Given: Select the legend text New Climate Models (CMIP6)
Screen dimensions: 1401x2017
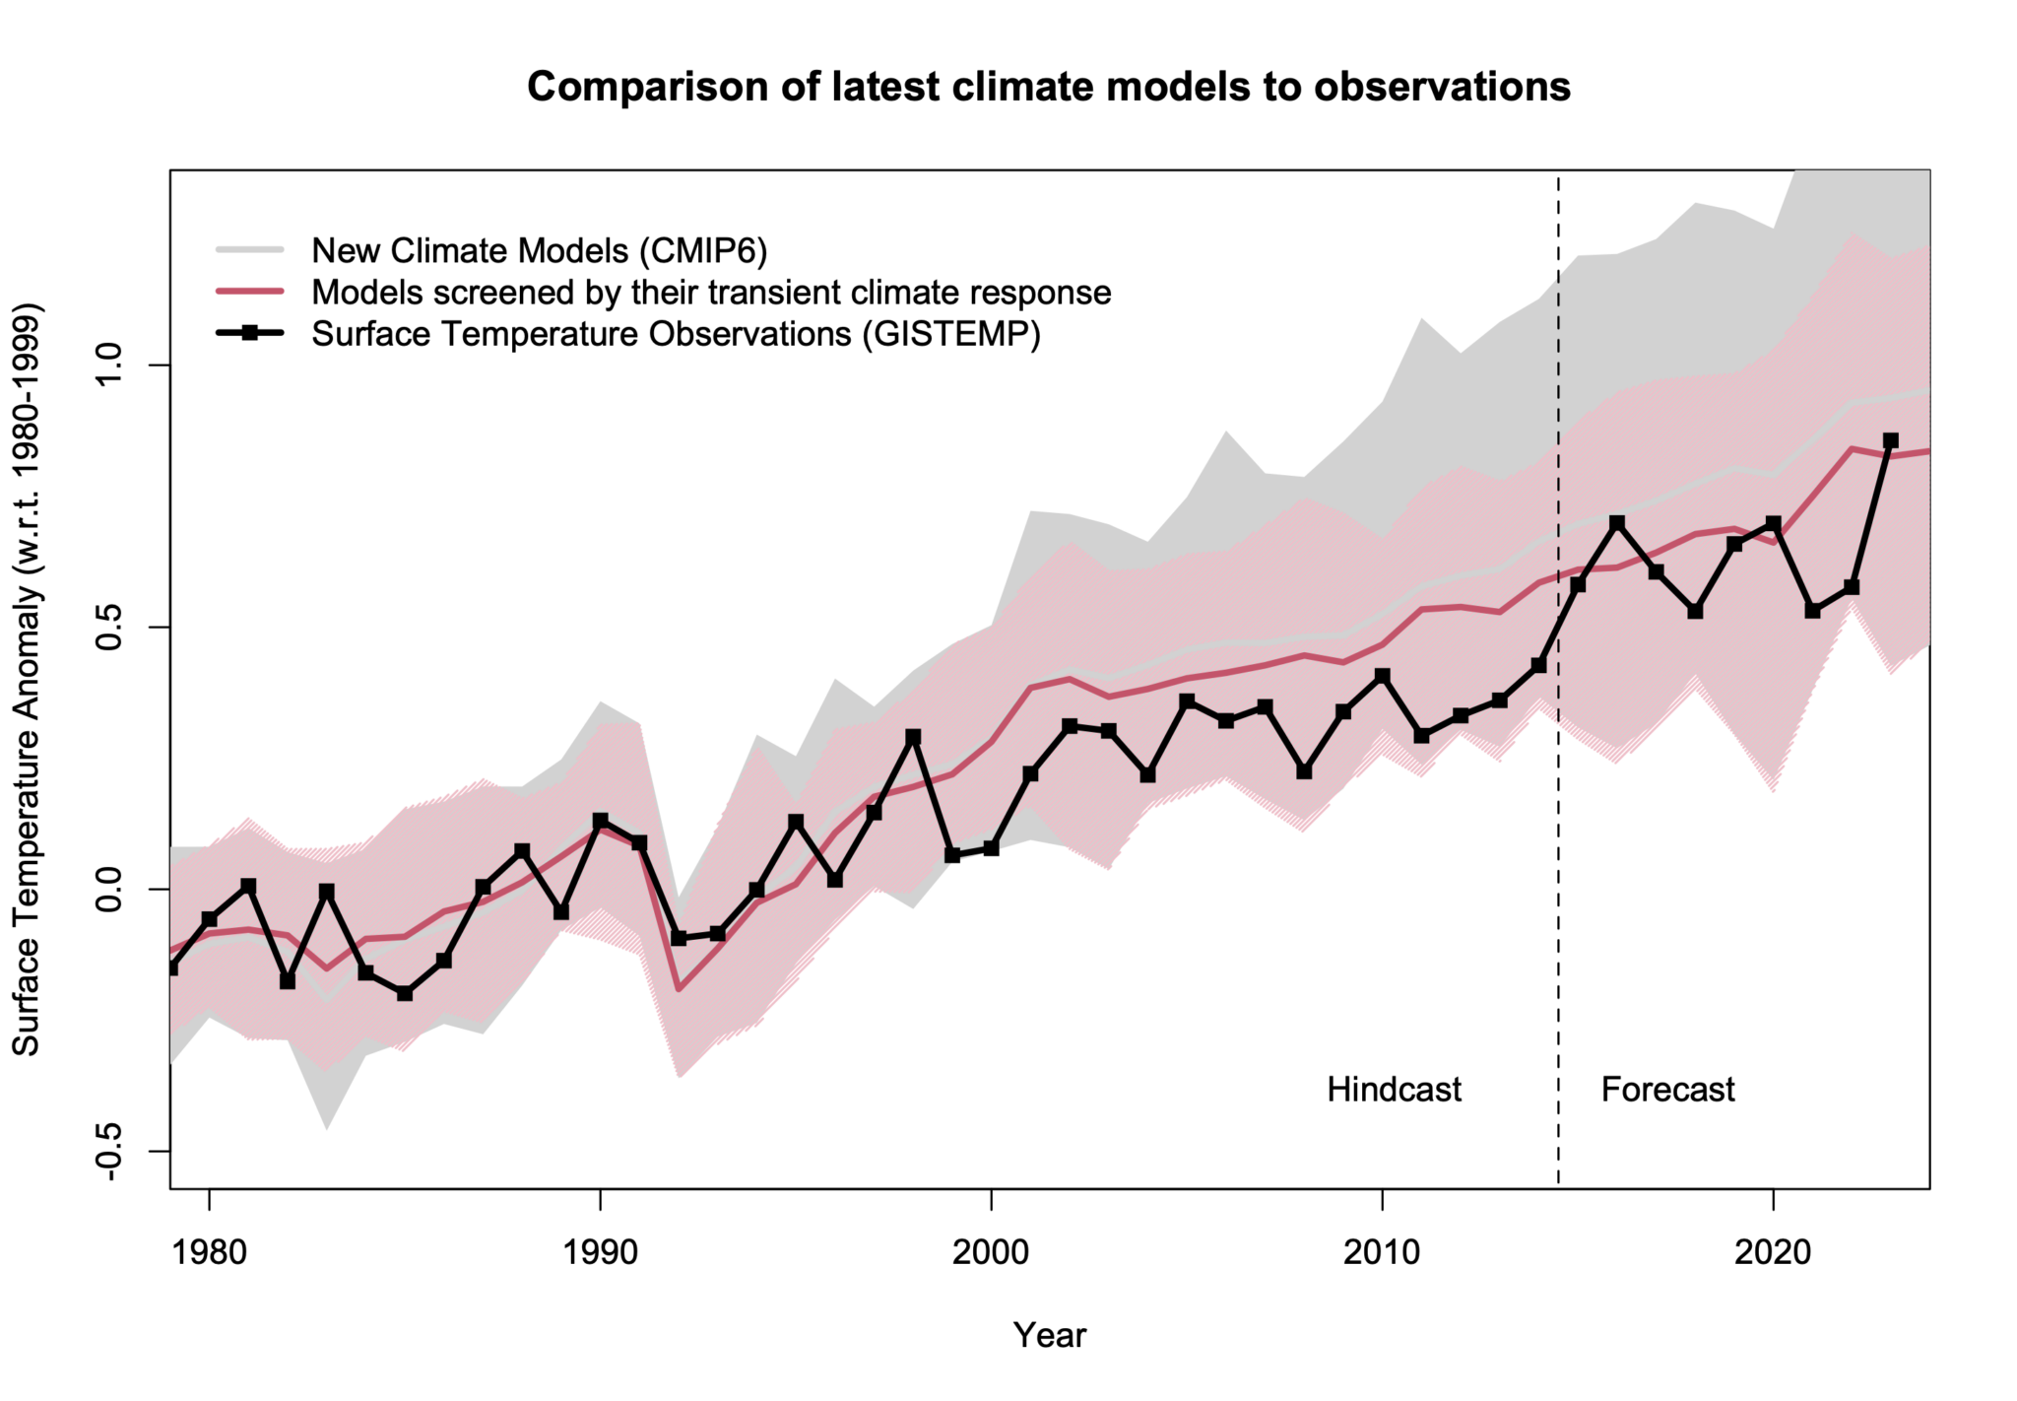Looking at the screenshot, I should (539, 251).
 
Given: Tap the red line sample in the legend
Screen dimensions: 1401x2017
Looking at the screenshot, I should (250, 293).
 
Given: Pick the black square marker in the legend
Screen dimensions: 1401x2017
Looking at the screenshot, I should (250, 334).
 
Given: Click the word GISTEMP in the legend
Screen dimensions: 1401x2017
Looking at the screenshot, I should (949, 334).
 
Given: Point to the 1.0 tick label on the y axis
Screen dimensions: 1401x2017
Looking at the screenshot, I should (108, 366).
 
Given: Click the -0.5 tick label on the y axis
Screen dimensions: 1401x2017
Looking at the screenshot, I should (108, 1150).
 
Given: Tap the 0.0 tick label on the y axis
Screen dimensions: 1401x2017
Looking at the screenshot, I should (108, 889).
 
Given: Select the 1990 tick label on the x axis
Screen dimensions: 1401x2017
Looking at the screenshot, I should (600, 1251).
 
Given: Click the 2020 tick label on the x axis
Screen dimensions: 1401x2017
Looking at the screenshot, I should (1773, 1251).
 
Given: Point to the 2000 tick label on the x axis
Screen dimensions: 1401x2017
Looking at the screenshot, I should (991, 1251).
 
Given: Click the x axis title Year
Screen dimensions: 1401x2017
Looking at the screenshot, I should (1049, 1335).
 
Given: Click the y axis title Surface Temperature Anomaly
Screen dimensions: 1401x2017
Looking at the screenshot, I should (27, 680).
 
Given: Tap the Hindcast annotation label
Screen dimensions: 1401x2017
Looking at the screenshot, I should (1394, 1090).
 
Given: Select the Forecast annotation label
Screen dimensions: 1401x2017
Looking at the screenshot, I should (1667, 1090).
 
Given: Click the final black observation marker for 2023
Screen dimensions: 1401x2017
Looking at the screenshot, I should (1890, 440).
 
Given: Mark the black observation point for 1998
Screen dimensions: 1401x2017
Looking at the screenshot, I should (913, 737).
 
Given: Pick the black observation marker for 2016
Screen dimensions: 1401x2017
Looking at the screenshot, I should (1616, 522).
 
